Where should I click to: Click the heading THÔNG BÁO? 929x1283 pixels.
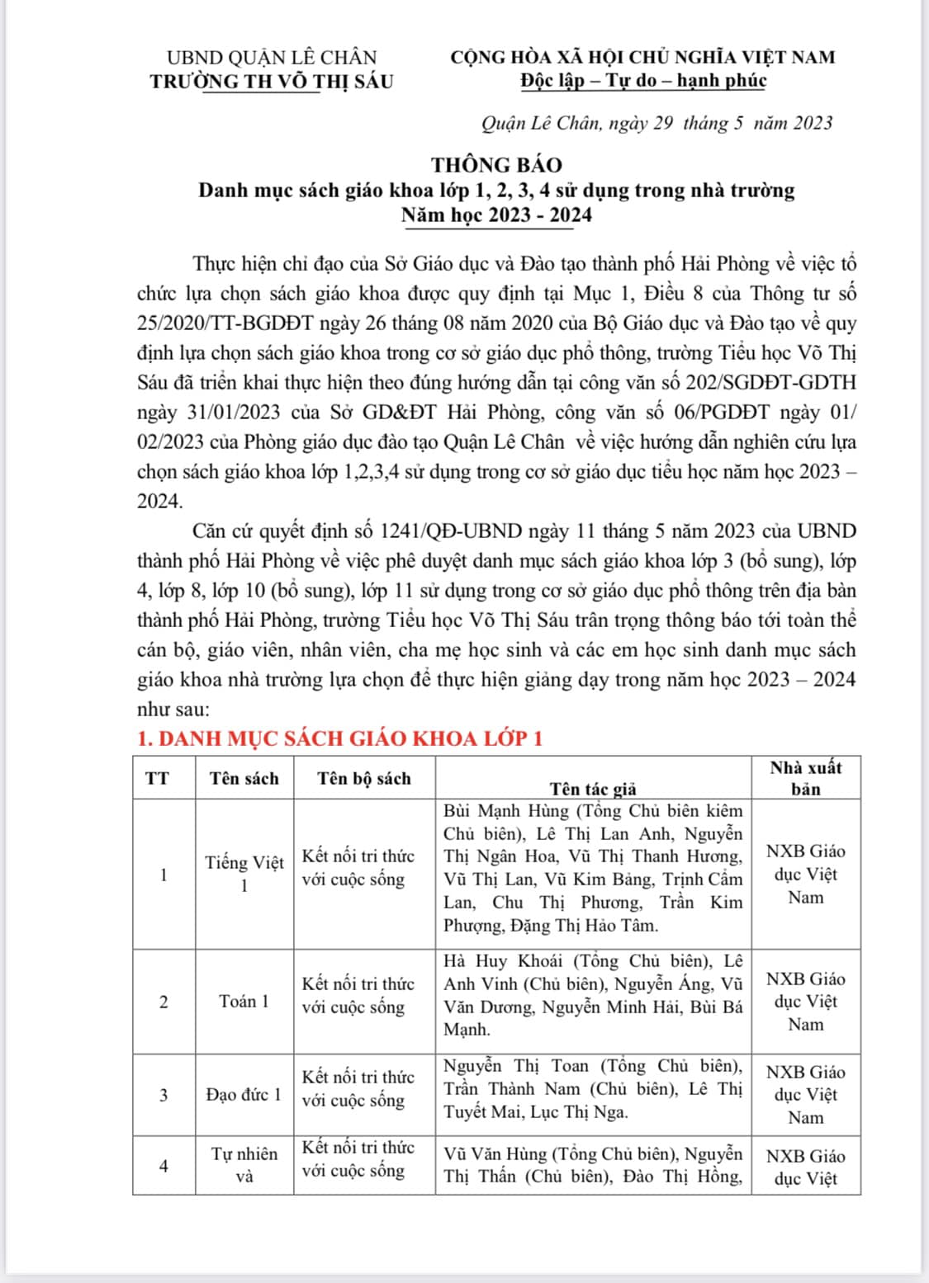coord(496,164)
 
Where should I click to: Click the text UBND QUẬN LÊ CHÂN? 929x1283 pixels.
coord(272,57)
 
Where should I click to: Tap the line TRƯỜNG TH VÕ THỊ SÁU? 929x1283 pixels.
coord(272,81)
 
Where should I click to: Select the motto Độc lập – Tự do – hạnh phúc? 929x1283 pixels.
coord(643,80)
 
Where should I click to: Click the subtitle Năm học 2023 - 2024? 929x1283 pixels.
coord(496,215)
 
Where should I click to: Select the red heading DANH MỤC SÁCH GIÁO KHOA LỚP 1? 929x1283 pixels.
coord(340,738)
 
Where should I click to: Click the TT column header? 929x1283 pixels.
coord(157,778)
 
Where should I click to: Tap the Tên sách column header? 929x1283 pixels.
coord(244,778)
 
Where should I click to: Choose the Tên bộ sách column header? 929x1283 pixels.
coord(364,778)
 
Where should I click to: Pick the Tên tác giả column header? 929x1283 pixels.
coord(593,789)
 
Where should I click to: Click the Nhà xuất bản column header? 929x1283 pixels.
coord(805,777)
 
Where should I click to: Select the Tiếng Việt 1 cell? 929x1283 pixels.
coord(244,874)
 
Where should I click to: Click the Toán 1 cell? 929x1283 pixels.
coord(244,1002)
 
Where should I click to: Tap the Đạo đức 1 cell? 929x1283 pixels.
coord(244,1095)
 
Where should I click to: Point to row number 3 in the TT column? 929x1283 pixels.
coord(164,1095)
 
